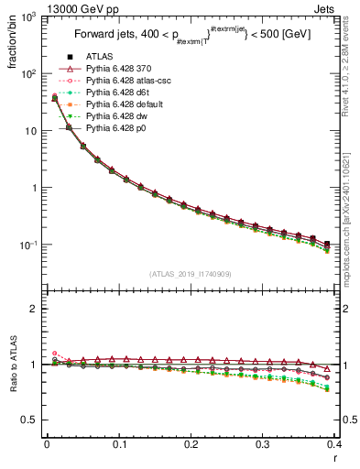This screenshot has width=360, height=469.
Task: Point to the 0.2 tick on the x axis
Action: point(191,444)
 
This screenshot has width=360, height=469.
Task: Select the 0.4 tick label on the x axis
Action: point(335,444)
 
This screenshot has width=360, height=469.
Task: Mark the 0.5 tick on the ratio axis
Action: point(28,420)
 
